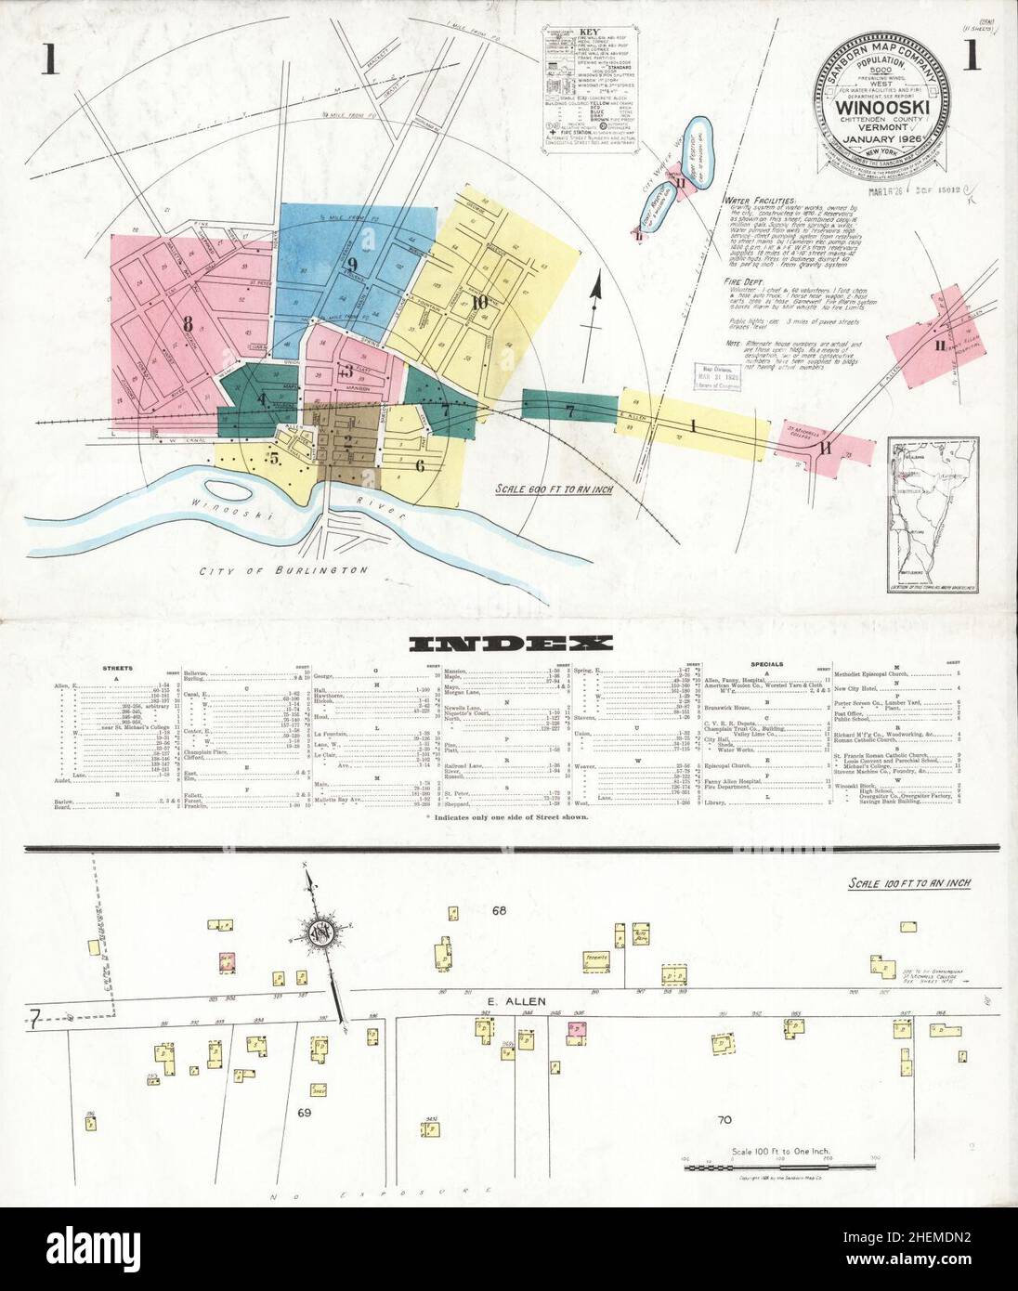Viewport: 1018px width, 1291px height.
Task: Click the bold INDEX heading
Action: [509, 643]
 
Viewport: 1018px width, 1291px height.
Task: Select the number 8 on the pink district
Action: [188, 324]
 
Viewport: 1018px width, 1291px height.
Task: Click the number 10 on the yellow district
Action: [479, 301]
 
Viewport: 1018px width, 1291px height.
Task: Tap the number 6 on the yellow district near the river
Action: [420, 466]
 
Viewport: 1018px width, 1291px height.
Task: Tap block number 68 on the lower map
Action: [500, 910]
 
